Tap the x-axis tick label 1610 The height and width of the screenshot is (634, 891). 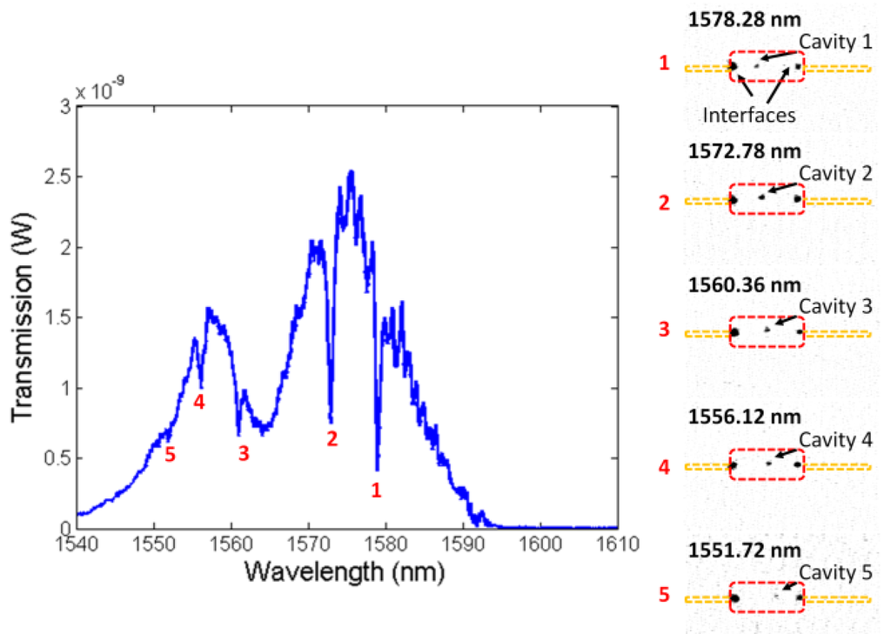click(617, 544)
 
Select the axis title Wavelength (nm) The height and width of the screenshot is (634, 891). click(345, 572)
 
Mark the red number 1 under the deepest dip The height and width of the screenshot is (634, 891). click(376, 491)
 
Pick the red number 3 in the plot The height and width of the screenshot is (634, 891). click(243, 453)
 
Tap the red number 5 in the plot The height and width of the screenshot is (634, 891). click(171, 453)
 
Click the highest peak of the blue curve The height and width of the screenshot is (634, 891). click(351, 172)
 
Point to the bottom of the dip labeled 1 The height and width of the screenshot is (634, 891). click(377, 470)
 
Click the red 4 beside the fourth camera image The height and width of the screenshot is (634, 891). click(663, 467)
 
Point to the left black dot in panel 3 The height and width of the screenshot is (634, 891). click(734, 332)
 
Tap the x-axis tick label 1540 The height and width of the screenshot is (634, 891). click(77, 544)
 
